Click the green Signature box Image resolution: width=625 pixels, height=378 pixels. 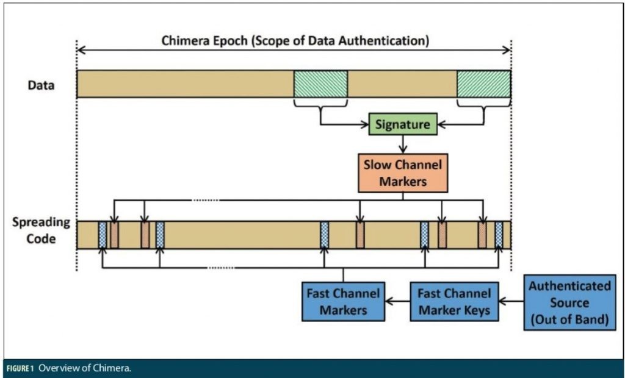point(402,125)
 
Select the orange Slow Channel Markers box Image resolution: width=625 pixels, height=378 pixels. point(402,173)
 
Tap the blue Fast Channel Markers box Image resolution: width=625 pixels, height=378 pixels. point(343,301)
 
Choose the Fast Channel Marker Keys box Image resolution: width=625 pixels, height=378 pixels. point(453,301)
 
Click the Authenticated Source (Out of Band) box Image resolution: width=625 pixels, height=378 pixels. point(569,302)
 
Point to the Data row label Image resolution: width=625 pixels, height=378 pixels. point(41,85)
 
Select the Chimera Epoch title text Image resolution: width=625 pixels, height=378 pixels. point(295,41)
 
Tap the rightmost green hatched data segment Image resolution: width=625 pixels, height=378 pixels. point(483,84)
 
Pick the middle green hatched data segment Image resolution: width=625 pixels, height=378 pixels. point(320,84)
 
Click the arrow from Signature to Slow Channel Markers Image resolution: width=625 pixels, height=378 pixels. point(402,144)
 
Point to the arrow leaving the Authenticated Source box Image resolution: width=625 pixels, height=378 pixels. point(511,301)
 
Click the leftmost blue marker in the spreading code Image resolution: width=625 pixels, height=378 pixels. point(103,235)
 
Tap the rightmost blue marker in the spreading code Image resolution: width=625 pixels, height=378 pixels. point(499,235)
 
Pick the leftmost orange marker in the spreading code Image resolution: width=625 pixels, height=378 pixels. point(114,235)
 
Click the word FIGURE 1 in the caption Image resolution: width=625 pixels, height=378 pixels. point(20,369)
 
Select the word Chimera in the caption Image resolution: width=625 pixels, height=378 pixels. point(114,369)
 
